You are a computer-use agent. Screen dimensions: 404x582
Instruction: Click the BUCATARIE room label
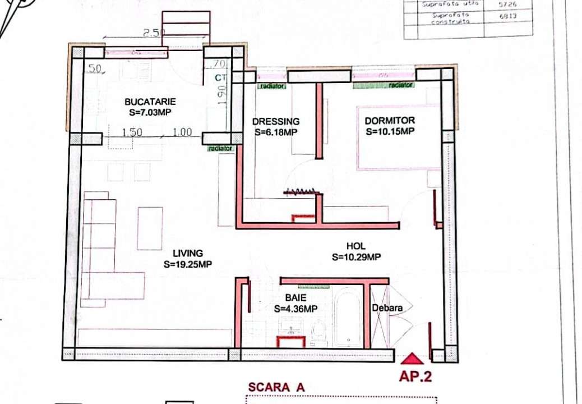(150, 102)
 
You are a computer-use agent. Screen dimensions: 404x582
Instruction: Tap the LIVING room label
(188, 254)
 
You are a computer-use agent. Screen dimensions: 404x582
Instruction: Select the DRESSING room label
(275, 122)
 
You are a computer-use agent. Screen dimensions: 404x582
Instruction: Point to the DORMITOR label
(390, 121)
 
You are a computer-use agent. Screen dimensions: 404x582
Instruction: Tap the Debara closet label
(387, 308)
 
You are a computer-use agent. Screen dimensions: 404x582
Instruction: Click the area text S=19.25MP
(188, 264)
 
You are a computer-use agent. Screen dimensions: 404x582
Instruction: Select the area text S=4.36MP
(295, 309)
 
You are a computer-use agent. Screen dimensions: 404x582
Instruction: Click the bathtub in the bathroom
(348, 317)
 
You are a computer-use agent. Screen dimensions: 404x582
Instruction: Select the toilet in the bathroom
(318, 331)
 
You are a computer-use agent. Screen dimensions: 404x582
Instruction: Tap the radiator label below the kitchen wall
(220, 149)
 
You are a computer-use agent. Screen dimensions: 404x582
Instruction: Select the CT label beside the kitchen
(219, 79)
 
